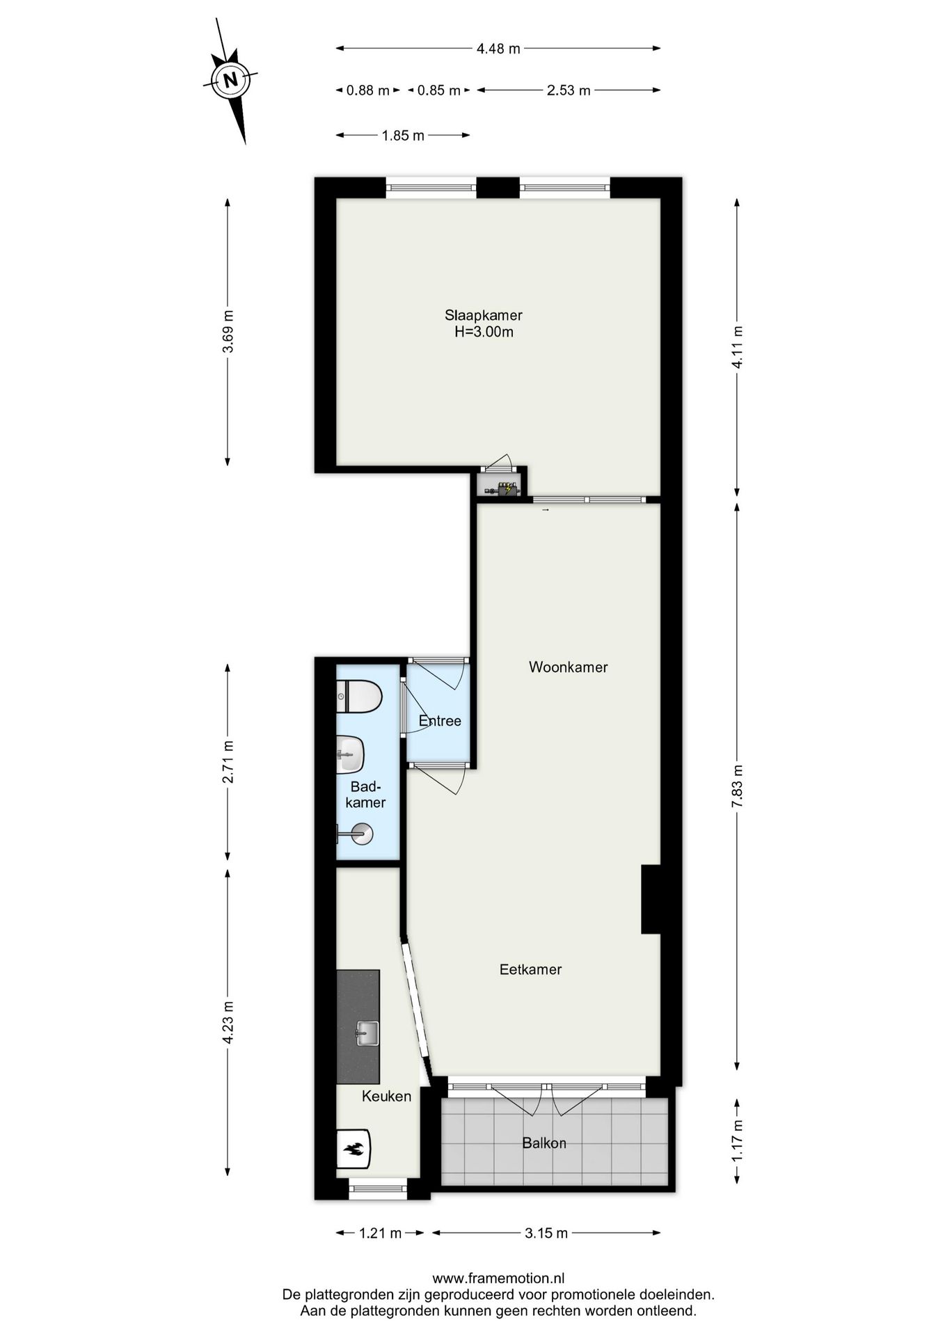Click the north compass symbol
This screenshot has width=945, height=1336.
230,79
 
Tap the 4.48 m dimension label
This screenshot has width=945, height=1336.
498,49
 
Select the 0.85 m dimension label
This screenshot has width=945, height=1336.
438,90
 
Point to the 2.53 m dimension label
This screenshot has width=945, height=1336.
569,90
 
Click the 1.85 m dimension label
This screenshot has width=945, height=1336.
403,136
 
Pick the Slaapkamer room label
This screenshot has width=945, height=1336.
484,315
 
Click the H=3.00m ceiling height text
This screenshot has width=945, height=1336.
484,333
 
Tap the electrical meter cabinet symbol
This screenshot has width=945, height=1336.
502,488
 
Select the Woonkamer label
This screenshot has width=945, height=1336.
568,667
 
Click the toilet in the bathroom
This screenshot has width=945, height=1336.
360,697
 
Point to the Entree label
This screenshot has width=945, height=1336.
440,721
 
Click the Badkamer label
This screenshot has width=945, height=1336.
365,795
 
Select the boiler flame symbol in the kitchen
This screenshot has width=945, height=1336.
354,1149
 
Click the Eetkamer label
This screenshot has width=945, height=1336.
530,969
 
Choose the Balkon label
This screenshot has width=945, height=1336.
544,1143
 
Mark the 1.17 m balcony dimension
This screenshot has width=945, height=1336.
737,1140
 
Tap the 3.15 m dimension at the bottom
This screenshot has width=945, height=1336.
546,1234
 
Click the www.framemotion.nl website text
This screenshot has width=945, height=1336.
498,1278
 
